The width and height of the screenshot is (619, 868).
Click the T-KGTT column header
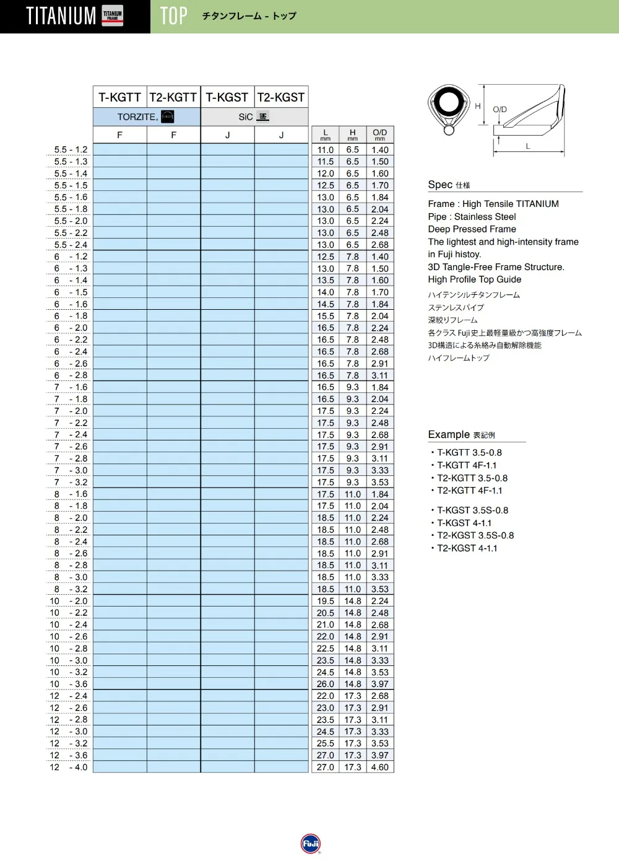120,97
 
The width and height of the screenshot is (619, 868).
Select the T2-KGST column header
281,97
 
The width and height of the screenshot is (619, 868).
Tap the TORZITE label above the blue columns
137,116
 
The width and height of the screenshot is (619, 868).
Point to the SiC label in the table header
246,116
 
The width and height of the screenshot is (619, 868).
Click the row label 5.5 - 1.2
71,149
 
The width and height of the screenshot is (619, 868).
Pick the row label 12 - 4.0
69,767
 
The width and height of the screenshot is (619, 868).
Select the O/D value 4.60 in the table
380,767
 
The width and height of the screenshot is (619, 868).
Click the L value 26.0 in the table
326,684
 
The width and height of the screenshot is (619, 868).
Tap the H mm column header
353,134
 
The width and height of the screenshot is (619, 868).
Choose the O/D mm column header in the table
380,134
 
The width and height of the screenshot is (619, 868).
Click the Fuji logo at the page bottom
310,844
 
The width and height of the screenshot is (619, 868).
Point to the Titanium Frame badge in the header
113,16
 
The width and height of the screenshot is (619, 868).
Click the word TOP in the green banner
173,16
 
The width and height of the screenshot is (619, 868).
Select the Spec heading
440,185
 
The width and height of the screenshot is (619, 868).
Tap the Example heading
449,434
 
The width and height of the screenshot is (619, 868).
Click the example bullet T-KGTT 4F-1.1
467,465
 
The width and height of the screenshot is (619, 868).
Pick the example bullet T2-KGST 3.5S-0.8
475,535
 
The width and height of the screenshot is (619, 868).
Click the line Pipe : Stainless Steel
472,216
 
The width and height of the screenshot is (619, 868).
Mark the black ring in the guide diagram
448,102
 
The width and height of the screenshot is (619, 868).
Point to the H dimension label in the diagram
478,106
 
